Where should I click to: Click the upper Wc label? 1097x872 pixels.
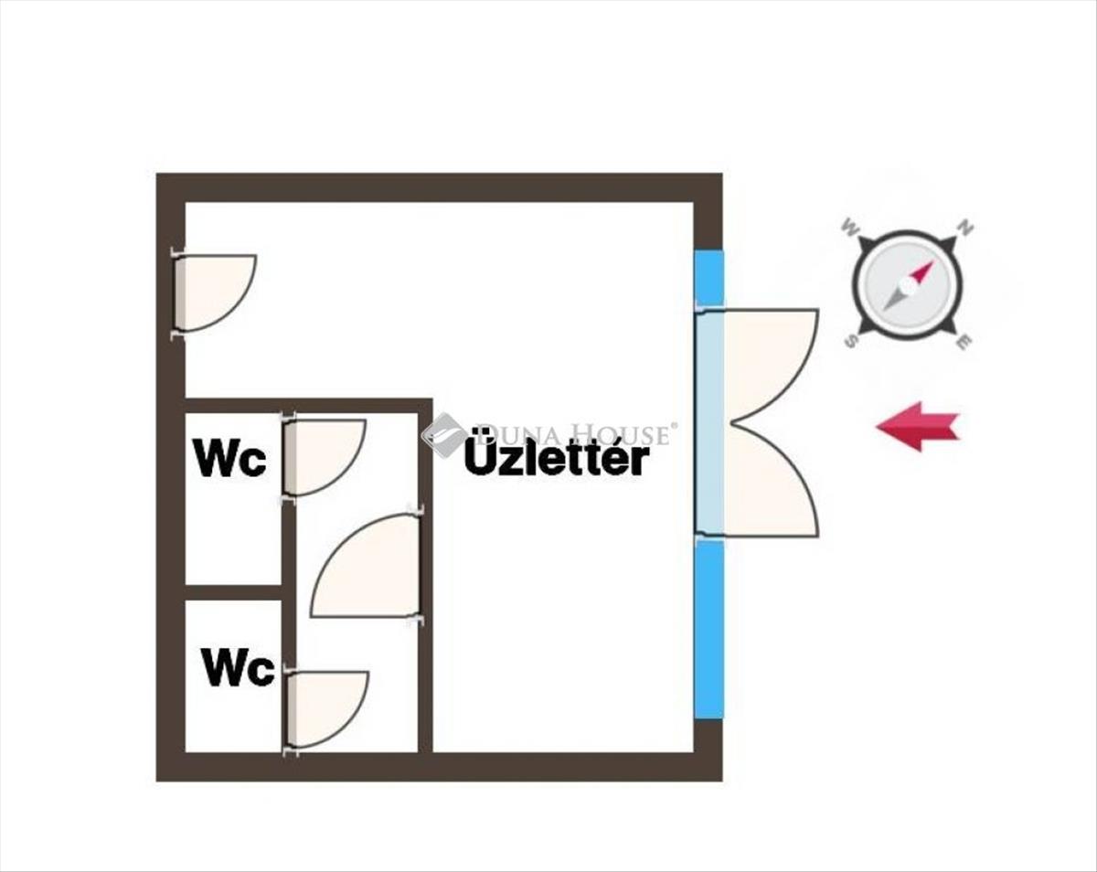coord(229,458)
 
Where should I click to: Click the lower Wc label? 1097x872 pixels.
coord(238,667)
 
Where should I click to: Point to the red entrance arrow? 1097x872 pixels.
coord(918,426)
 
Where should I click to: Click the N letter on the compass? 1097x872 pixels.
coord(965,227)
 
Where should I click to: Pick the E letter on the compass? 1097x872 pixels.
coord(964,342)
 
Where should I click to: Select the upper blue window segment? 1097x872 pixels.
coord(709,278)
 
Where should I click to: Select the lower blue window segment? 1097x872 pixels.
coord(709,630)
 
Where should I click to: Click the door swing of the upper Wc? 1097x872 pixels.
coord(326,457)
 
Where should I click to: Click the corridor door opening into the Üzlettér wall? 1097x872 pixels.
coord(366,565)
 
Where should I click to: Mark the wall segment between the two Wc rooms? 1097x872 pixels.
coord(233,592)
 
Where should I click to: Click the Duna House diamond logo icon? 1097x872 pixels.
coord(443,434)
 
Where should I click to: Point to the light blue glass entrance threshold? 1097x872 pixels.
coord(709,423)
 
